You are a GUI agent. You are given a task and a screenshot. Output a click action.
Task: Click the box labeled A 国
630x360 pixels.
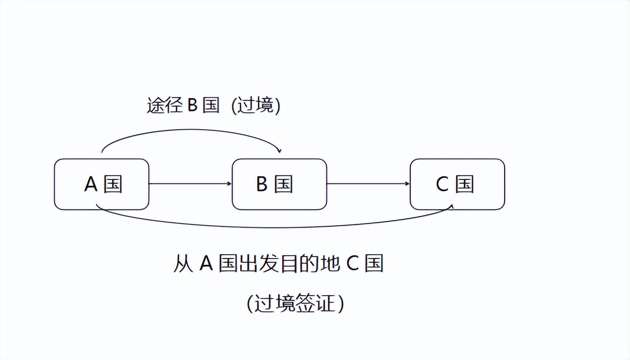tap(102, 184)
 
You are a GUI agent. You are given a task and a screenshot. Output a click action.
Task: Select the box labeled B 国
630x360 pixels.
tap(279, 184)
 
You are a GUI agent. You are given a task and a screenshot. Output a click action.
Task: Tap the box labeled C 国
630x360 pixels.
tap(457, 184)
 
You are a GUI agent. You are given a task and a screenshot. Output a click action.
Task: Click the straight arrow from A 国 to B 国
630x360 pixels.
tap(190, 183)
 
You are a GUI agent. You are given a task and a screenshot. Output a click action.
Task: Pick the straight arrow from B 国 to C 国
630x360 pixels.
tap(368, 183)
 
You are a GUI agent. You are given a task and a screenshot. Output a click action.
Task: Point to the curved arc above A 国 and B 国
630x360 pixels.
tap(191, 130)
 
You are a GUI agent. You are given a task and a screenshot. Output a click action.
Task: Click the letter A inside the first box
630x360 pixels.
tap(91, 184)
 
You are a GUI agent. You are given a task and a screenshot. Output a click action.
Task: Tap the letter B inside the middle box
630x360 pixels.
tap(262, 184)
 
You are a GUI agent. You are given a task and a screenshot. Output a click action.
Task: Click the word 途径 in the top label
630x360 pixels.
tap(164, 105)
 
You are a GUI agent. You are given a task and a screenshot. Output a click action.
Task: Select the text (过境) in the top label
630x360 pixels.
tap(256, 105)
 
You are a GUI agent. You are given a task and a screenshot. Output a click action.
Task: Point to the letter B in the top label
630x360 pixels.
tap(193, 105)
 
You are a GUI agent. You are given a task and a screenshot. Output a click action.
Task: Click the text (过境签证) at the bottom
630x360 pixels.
tap(295, 303)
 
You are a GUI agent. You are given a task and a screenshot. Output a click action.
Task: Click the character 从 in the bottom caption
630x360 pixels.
tap(183, 263)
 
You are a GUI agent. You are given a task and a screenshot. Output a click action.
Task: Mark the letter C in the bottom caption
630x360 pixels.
tap(352, 263)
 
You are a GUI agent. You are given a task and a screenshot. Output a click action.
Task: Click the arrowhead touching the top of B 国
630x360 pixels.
tap(279, 150)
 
